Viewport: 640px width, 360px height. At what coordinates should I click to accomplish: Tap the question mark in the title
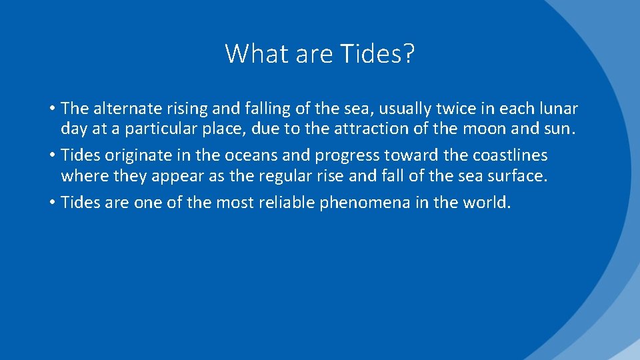tap(408, 53)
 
